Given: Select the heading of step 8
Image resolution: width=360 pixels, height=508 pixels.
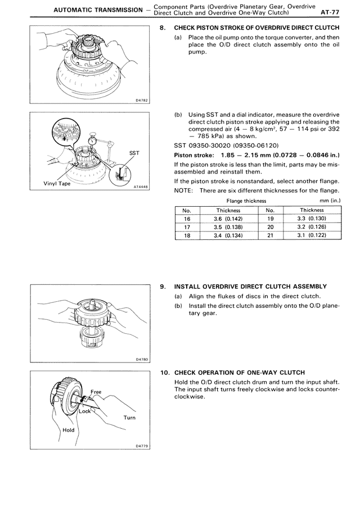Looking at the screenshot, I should tap(256, 28).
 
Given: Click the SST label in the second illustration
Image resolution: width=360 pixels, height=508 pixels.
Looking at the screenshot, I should tap(134, 152).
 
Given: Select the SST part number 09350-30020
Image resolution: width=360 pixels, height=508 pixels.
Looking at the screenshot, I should tap(212, 145).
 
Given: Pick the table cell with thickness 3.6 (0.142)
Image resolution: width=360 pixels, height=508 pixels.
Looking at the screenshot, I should tap(228, 219).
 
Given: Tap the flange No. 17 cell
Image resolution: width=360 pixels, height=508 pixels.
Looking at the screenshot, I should tap(187, 227).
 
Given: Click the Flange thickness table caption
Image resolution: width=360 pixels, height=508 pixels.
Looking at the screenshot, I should tap(246, 201).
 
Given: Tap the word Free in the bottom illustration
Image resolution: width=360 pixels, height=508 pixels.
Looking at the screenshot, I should tap(95, 391).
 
